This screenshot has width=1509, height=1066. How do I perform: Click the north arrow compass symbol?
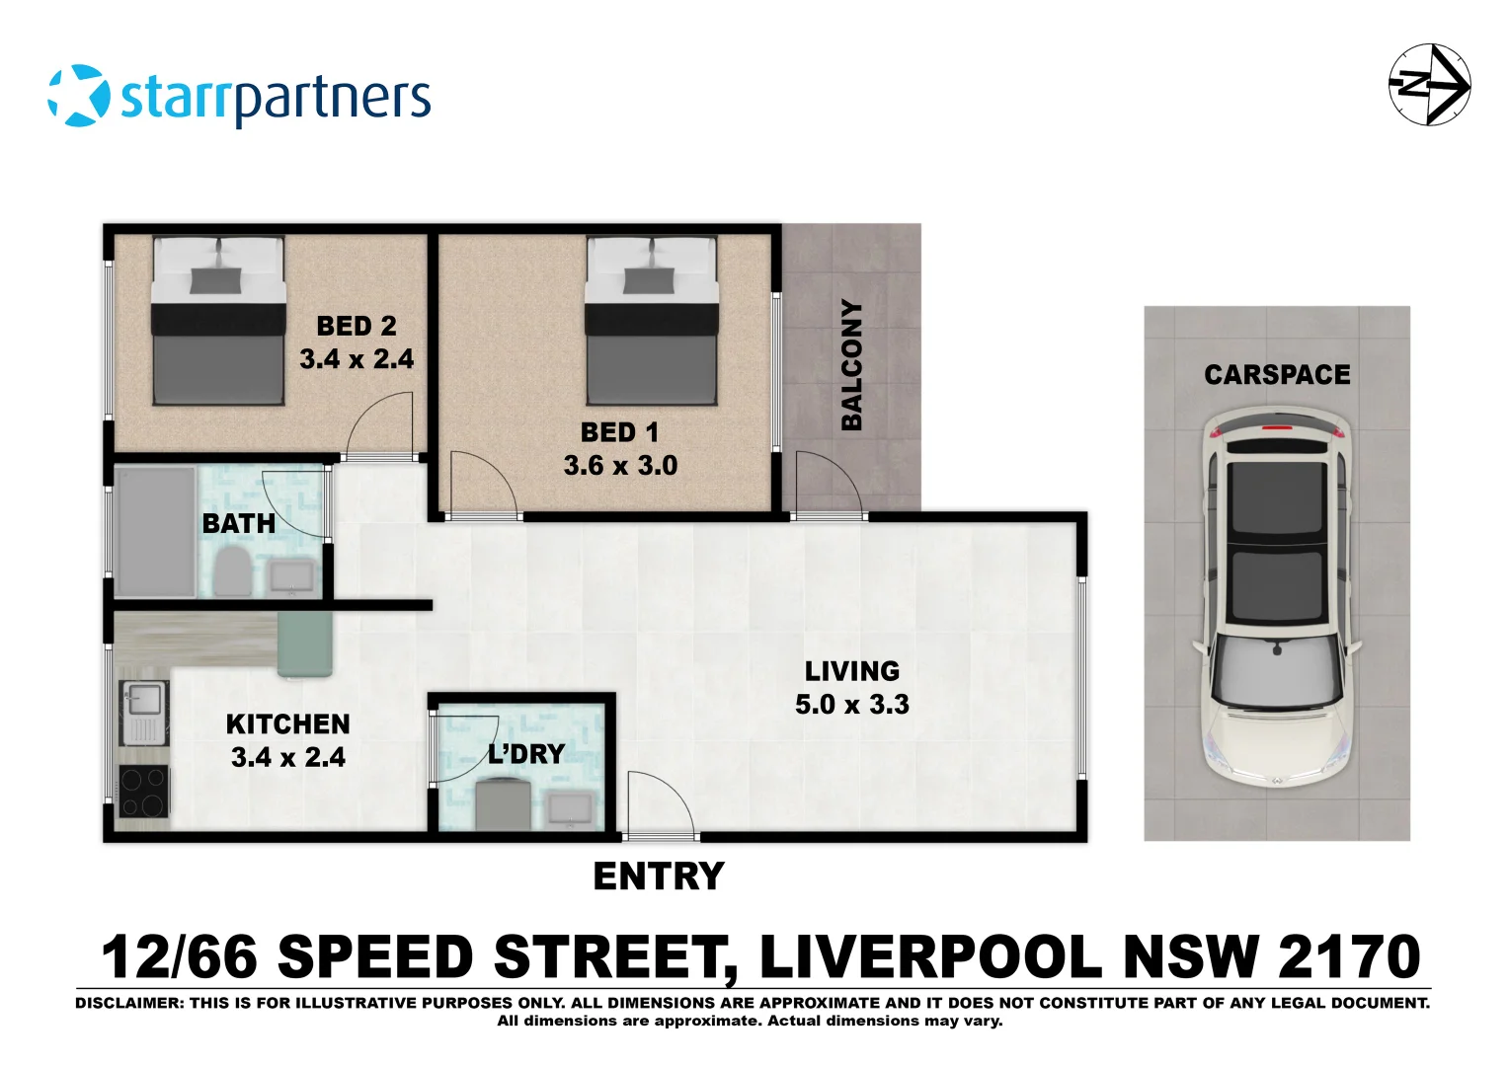click(1429, 84)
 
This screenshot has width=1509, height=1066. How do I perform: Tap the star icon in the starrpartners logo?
click(79, 96)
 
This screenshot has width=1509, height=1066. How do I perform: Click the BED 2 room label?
click(357, 326)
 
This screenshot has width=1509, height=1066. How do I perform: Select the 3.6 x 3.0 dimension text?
click(620, 466)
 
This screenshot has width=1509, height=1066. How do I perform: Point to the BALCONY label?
click(851, 365)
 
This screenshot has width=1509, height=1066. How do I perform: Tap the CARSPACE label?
click(1277, 375)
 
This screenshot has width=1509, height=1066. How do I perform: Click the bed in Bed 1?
click(651, 321)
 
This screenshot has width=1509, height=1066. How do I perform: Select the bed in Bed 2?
click(218, 321)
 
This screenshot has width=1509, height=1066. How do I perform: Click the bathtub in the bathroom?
click(156, 532)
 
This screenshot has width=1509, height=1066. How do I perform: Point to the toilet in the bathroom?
click(234, 571)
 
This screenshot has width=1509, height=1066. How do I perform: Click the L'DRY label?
click(526, 754)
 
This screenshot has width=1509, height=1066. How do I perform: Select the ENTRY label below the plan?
click(659, 876)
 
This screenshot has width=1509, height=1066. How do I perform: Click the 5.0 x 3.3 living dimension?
click(852, 705)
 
